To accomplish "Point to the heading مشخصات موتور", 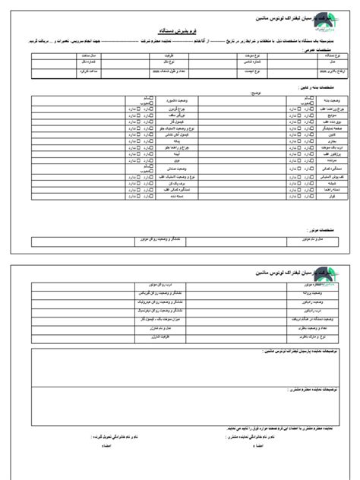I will (x=314, y=229).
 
